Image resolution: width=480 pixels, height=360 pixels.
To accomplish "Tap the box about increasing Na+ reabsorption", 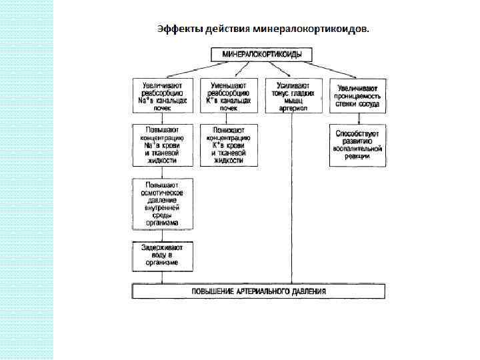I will pos(163,96).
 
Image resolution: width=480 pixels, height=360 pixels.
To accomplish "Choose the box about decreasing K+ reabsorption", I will pos(228,96).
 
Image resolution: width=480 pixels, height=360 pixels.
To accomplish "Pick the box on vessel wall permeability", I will pos(357,96).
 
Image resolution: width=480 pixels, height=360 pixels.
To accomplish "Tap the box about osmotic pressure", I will pos(163,203).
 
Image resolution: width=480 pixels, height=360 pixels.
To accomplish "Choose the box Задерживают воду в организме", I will pos(163,255).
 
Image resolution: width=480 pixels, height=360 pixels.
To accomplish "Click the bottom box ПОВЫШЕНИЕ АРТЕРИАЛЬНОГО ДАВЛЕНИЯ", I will pos(259,291).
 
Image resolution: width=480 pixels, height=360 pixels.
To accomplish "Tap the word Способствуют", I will pos(357,133).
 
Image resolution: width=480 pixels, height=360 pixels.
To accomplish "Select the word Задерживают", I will pos(163,247).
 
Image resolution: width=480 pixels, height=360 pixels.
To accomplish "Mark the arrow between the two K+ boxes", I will pos(228,119).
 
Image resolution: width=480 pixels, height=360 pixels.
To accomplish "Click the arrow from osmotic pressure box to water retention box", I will pos(163,236).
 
